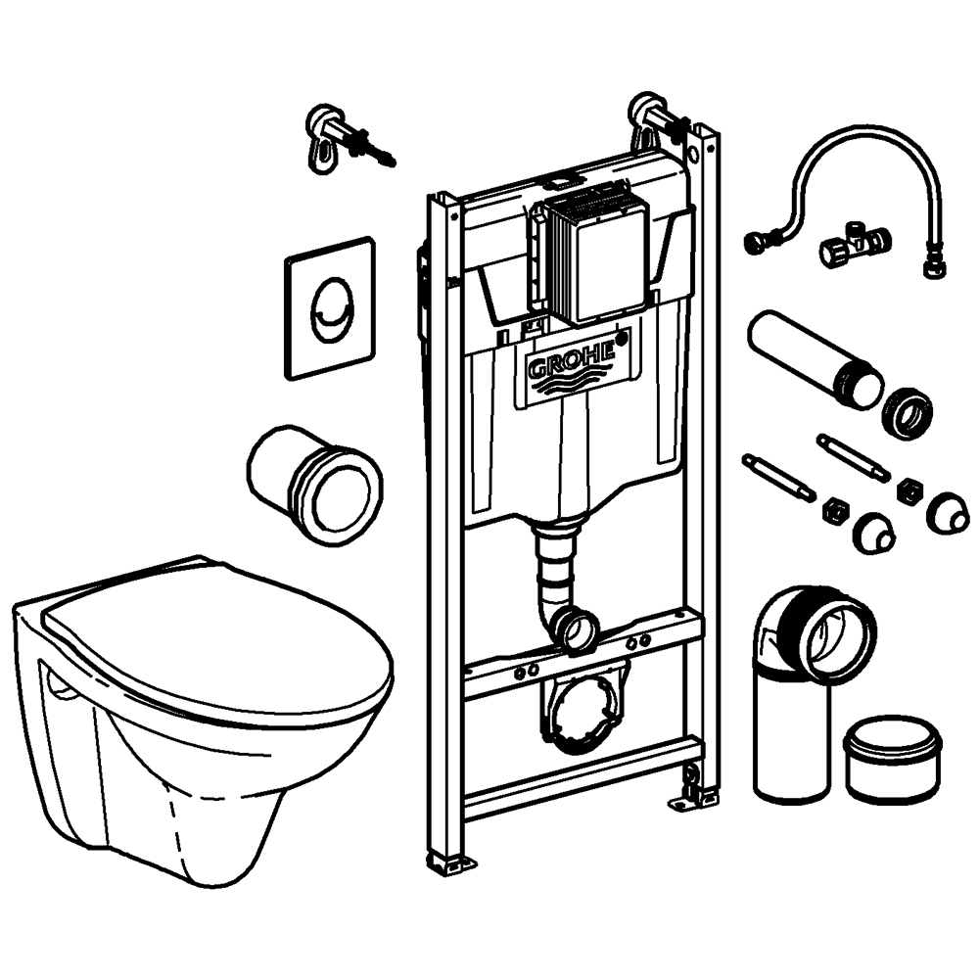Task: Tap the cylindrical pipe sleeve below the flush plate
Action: click(x=313, y=480)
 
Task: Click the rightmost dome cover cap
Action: click(x=948, y=509)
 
